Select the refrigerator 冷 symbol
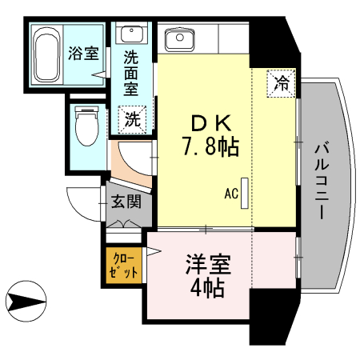[282, 82]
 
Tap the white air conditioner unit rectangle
[245, 192]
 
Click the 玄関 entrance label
[124, 201]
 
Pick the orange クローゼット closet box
[124, 263]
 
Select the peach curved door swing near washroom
[128, 161]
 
